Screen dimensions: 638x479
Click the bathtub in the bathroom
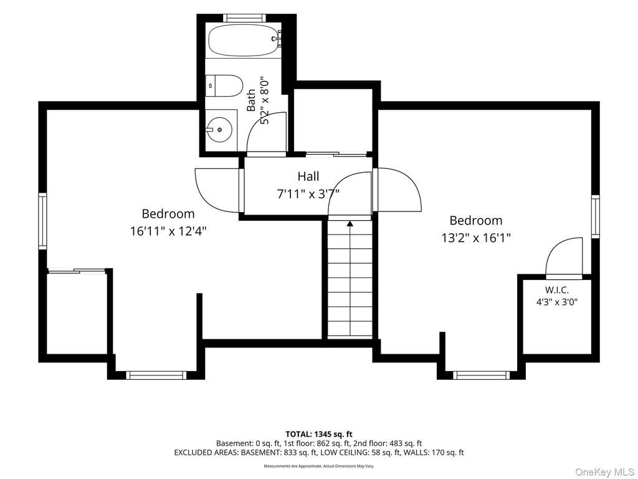244,41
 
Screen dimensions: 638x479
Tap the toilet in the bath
224,85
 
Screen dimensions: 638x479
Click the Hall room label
308,177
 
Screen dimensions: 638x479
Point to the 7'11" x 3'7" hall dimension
308,194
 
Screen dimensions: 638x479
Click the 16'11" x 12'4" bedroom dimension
168,231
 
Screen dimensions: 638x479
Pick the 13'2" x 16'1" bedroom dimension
476,238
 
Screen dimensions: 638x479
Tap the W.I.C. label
556,290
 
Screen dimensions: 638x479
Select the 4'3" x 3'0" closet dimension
556,302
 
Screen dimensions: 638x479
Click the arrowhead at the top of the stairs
350,223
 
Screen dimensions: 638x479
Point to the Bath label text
252,100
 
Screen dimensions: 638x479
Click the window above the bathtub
244,18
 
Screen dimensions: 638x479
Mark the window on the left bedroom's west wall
43,221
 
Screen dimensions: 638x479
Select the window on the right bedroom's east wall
595,216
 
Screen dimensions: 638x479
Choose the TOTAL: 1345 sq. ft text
319,434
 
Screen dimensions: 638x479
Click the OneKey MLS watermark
604,472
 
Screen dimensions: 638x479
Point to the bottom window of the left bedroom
155,375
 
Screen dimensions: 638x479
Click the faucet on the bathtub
276,39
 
